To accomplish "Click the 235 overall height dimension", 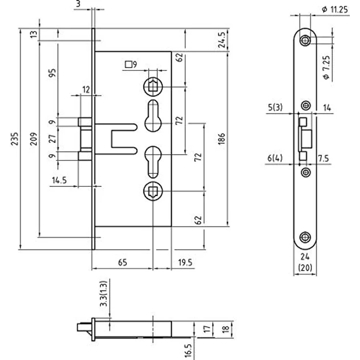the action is click(15, 138).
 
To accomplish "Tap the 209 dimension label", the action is click(34, 139).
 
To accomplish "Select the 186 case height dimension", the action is click(221, 139).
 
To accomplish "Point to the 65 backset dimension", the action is click(122, 262).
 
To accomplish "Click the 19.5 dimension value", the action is click(185, 262).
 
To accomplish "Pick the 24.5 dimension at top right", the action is click(222, 40).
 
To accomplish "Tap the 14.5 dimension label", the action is click(59, 180).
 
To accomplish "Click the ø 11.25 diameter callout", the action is click(335, 9).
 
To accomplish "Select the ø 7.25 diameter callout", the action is click(326, 67).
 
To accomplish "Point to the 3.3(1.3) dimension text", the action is click(104, 293).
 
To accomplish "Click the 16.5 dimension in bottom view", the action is click(188, 350).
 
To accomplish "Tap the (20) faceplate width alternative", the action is click(305, 268).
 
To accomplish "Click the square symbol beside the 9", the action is click(129, 65).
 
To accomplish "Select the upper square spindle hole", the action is click(153, 87).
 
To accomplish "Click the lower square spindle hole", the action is click(153, 191).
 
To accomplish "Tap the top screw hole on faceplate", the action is click(305, 41).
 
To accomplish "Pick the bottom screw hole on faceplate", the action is click(305, 237).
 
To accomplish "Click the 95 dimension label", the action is click(52, 73).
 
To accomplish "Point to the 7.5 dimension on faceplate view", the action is click(323, 158).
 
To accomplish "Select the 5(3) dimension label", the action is click(275, 107).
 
